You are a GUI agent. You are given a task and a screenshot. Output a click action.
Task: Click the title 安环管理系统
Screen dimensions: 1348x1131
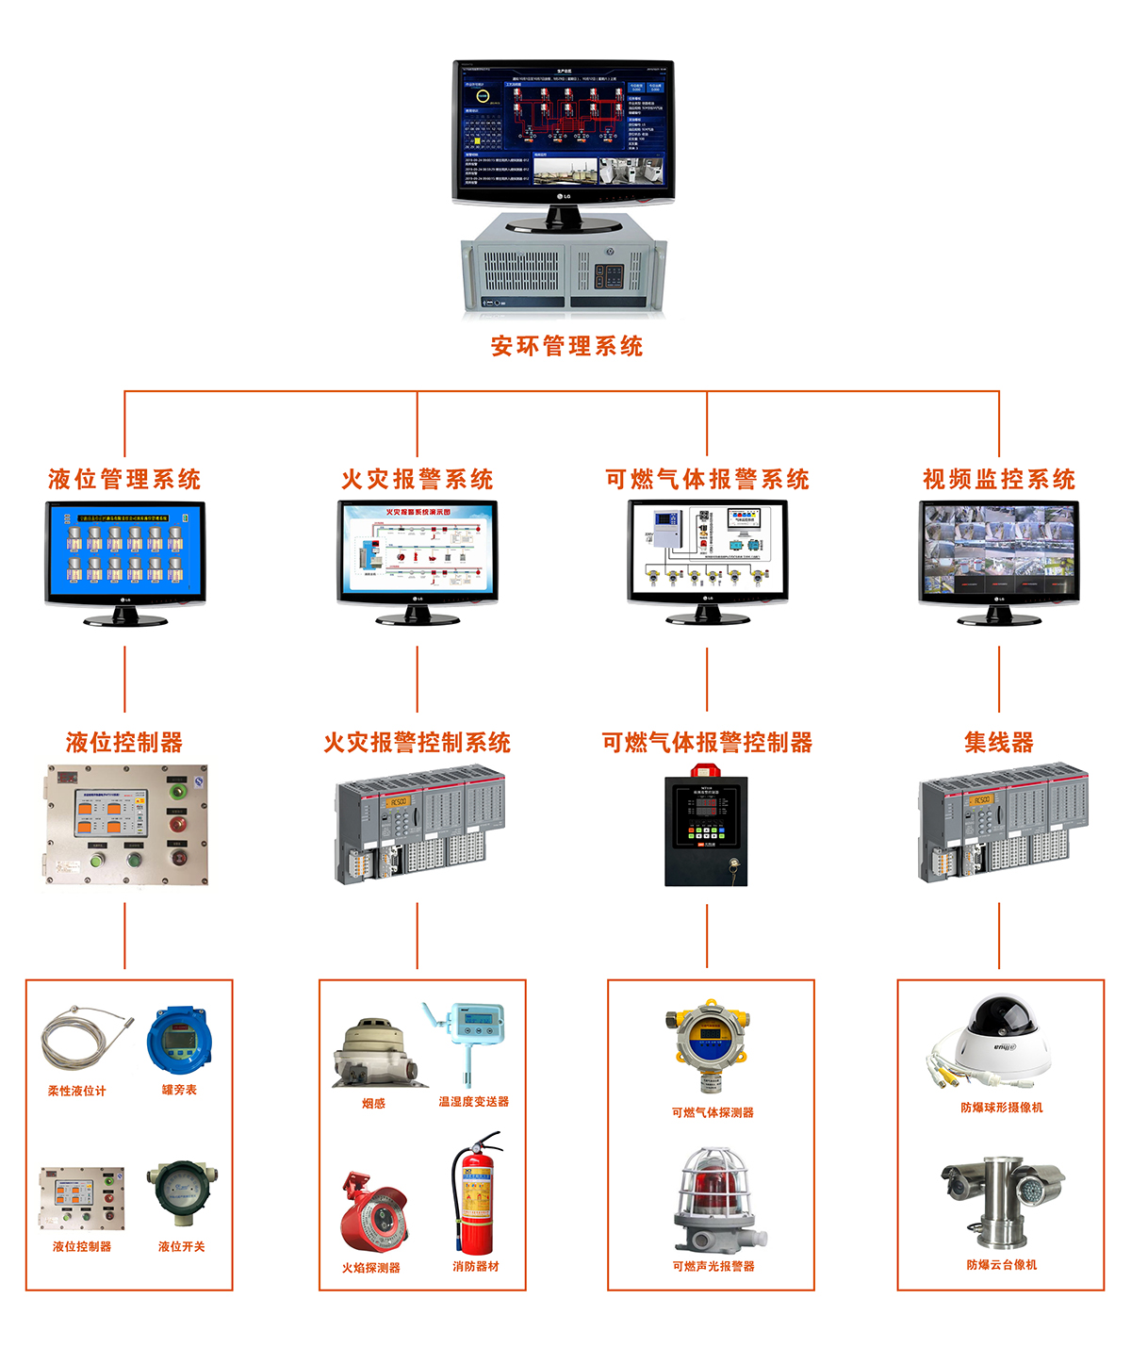(x=566, y=346)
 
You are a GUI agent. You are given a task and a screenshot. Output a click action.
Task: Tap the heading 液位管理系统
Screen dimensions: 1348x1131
(x=124, y=480)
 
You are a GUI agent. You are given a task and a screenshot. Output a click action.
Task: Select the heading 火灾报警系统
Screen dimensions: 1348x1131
(x=417, y=480)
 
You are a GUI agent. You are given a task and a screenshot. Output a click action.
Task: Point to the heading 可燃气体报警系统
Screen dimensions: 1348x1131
(x=707, y=480)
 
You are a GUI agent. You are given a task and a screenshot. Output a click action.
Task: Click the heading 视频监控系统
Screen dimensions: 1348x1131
(x=999, y=480)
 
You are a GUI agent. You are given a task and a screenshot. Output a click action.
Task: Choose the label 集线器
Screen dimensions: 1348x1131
(x=999, y=743)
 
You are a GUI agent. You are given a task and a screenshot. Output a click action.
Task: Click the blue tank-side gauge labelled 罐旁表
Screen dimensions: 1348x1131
(x=179, y=1039)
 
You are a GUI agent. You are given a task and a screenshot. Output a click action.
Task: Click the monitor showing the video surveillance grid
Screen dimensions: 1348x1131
(x=999, y=551)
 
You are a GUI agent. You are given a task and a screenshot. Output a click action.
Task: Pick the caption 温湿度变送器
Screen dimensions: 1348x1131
(x=473, y=1102)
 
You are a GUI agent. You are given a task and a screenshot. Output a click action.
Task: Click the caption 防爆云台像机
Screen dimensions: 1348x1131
(x=1001, y=1265)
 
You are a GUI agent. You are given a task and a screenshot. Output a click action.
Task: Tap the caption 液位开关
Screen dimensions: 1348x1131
(x=181, y=1247)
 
